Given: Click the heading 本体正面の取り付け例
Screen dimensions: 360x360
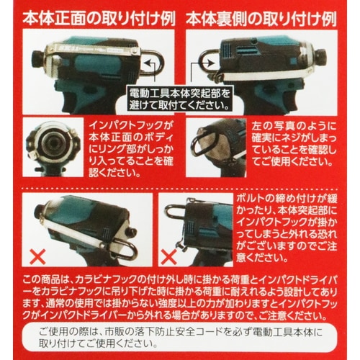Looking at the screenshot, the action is [x=99, y=19].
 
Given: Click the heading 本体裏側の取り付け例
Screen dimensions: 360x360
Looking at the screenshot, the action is [x=261, y=19].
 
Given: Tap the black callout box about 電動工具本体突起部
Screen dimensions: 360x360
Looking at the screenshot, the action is [x=179, y=99].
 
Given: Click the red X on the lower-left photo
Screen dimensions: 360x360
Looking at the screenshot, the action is [x=38, y=257].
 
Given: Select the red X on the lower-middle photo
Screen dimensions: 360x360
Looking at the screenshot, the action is [x=168, y=257].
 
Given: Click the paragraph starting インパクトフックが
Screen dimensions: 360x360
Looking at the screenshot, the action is [x=131, y=149].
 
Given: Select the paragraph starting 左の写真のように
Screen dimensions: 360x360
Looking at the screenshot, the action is [x=294, y=143].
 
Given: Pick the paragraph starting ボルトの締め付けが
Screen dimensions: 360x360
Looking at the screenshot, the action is [x=287, y=228].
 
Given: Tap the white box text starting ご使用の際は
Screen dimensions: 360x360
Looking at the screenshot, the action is [x=181, y=338].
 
